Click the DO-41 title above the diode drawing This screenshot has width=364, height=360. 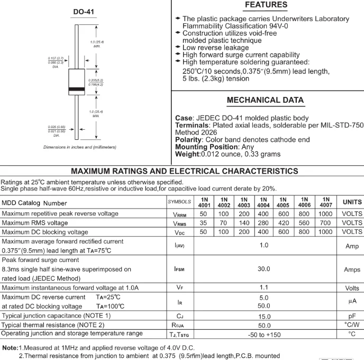(84, 12)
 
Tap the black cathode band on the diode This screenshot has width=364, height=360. (77, 88)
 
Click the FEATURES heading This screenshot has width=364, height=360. (266, 5)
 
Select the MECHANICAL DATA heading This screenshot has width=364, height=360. (265, 100)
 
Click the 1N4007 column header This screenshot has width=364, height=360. (326, 202)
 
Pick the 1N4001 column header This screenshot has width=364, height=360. (204, 202)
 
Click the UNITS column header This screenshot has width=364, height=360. (352, 202)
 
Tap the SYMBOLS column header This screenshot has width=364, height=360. (179, 202)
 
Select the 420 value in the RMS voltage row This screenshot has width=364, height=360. (284, 223)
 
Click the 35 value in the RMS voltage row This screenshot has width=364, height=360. (204, 223)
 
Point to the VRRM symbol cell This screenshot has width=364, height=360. (179, 214)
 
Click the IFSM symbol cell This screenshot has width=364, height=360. (179, 269)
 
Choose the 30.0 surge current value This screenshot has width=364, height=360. (264, 269)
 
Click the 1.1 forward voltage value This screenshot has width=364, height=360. (264, 287)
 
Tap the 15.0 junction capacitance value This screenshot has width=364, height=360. (264, 316)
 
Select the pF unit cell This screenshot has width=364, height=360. (352, 316)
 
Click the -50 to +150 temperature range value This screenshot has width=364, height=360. (264, 334)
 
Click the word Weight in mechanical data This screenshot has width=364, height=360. (187, 154)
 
